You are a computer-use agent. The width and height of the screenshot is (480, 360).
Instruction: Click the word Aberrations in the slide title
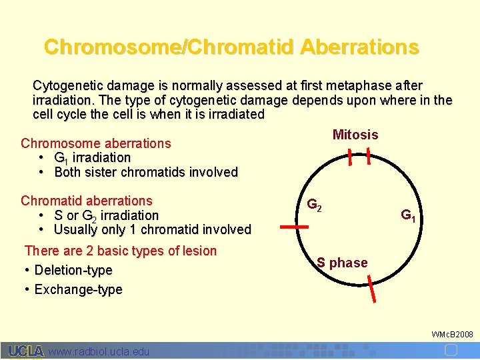pyautogui.click(x=359, y=47)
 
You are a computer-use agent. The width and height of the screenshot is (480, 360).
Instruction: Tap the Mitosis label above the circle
pyautogui.click(x=355, y=135)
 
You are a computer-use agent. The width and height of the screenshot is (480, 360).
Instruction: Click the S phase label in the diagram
pyautogui.click(x=342, y=263)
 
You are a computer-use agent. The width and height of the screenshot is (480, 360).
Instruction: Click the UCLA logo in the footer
pyautogui.click(x=26, y=351)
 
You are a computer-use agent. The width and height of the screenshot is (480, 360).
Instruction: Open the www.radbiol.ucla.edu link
pyautogui.click(x=99, y=351)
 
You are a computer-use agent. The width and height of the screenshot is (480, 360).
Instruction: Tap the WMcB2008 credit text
pyautogui.click(x=452, y=333)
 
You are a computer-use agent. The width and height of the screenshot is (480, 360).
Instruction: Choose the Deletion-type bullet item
pyautogui.click(x=73, y=270)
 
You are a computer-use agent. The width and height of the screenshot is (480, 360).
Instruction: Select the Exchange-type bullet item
pyautogui.click(x=78, y=289)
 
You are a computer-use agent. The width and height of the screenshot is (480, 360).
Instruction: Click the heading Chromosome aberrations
pyautogui.click(x=96, y=143)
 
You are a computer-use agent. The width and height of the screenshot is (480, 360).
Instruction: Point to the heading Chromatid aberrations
pyautogui.click(x=87, y=201)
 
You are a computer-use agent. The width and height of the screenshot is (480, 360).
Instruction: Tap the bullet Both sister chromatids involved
pyautogui.click(x=145, y=172)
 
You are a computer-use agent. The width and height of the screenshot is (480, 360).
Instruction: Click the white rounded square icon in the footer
pyautogui.click(x=451, y=350)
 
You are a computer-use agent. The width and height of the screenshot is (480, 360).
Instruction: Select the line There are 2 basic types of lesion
pyautogui.click(x=121, y=251)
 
